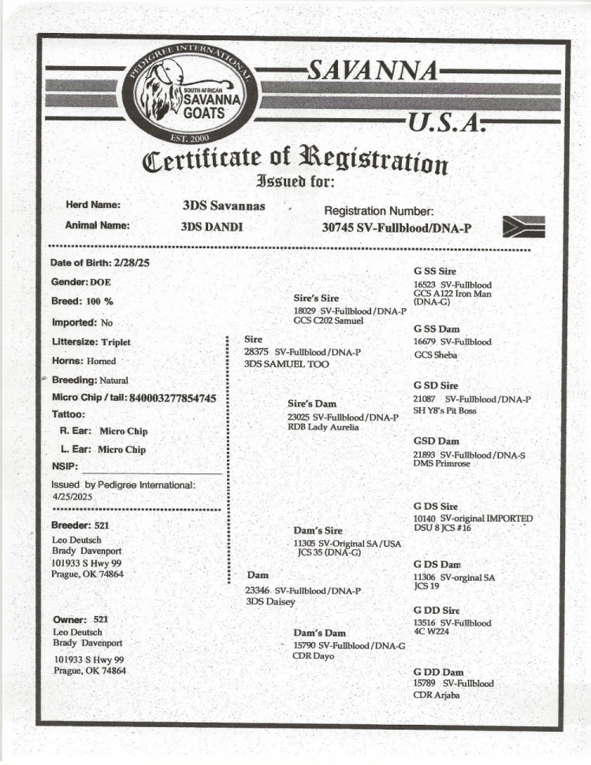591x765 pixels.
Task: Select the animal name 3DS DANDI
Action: point(212,227)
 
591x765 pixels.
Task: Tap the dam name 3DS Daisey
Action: point(270,602)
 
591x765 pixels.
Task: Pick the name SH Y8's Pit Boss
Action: point(444,410)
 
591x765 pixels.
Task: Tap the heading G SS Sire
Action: point(434,271)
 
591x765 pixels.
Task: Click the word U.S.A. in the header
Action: point(443,124)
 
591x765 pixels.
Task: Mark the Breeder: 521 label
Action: point(80,525)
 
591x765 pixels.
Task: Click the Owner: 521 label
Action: point(80,619)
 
